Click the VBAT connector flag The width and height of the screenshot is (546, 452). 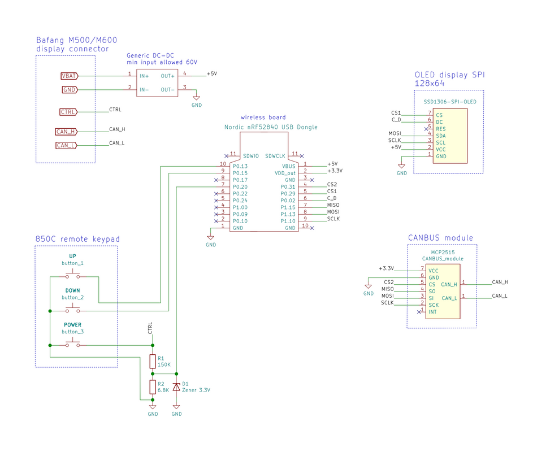(70, 76)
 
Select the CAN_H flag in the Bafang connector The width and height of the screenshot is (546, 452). (66, 132)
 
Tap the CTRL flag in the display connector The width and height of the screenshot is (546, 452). (68, 112)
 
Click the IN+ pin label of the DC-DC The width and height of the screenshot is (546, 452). (144, 76)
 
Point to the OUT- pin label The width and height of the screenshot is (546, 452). (167, 90)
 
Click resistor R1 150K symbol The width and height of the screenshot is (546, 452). (153, 362)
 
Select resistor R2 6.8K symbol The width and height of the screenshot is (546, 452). (153, 387)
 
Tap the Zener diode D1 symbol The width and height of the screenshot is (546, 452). (176, 387)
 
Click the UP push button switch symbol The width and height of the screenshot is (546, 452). (73, 275)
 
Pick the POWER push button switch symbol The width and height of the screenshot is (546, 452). (73, 343)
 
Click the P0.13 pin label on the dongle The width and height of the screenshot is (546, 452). (240, 166)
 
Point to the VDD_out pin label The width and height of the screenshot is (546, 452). (285, 173)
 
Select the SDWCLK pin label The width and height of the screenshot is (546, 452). (275, 156)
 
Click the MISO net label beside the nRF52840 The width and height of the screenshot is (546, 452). (333, 205)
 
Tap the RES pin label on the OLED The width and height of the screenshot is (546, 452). (441, 129)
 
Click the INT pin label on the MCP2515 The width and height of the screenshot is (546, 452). (432, 312)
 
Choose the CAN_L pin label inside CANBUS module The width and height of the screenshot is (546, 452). (449, 298)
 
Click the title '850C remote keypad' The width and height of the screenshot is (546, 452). (77, 239)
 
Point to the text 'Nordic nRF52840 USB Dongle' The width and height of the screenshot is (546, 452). (271, 127)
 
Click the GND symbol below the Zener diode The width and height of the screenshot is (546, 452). (176, 410)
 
